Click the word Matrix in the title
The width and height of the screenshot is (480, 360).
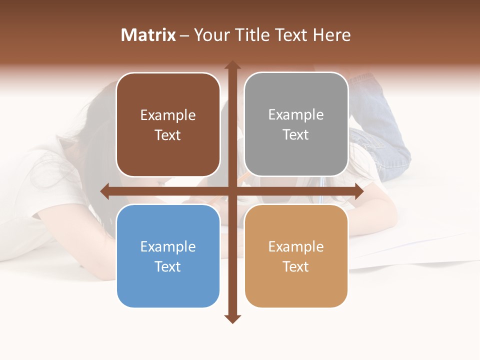tap(148, 35)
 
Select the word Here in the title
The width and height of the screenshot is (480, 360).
tap(331, 35)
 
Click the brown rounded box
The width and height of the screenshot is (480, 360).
tap(168, 124)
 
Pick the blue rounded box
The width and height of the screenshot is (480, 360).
tap(168, 256)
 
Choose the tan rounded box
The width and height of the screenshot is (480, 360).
tap(296, 256)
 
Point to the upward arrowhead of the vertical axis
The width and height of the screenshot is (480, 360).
tap(232, 65)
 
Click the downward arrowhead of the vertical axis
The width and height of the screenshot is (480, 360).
tap(232, 318)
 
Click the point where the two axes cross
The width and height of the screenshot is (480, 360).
tap(232, 191)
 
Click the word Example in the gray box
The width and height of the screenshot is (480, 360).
tap(296, 114)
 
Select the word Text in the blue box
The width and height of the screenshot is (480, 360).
tap(168, 266)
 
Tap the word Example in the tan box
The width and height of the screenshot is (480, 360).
tap(296, 246)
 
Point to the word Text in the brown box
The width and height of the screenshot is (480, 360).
tap(168, 135)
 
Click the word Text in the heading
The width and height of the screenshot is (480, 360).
tap(289, 35)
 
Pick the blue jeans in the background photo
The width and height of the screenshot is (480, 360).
tap(385, 150)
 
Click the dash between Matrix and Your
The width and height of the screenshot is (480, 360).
tap(184, 35)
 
